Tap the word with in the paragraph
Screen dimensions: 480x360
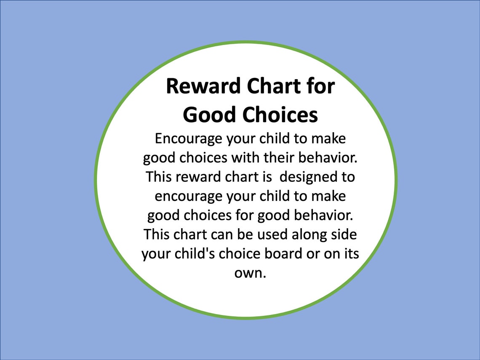pos(246,157)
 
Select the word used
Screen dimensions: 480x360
pos(272,235)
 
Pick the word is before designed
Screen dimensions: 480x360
pos(267,177)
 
